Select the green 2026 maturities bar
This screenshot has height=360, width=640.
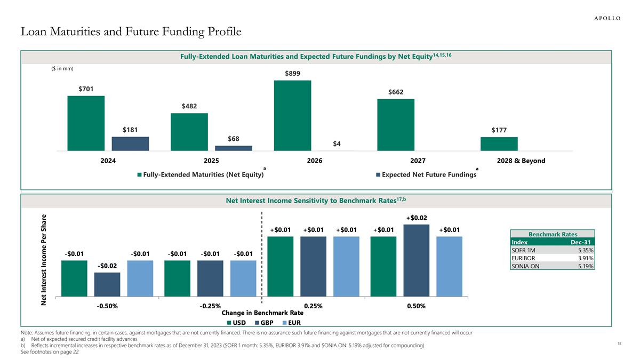292,115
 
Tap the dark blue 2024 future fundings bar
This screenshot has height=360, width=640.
130,143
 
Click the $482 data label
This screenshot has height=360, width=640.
189,106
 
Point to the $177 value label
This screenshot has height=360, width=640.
499,130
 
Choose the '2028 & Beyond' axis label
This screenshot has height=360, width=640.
521,161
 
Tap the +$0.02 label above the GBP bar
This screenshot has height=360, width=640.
417,218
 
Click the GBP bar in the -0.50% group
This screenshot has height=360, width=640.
107,284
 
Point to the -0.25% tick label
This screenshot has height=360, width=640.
210,306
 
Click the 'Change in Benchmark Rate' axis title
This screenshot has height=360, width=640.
262,313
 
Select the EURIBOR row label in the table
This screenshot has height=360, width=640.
524,258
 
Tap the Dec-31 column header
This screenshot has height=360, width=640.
580,242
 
